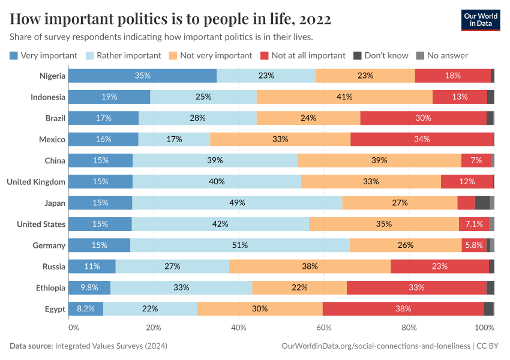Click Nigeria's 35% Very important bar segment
click(x=142, y=76)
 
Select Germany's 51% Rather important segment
click(x=240, y=245)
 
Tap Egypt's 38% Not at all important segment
click(x=403, y=308)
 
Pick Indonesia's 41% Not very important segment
click(x=344, y=97)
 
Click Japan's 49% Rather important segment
click(x=237, y=203)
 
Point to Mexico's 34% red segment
click(x=422, y=139)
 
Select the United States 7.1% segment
click(x=474, y=224)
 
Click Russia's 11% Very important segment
click(x=92, y=266)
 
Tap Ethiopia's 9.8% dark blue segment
click(x=89, y=287)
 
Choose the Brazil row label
click(x=55, y=118)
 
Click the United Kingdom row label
click(x=36, y=181)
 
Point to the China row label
click(x=55, y=160)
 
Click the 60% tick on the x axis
click(x=323, y=328)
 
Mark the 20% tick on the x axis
click(x=154, y=328)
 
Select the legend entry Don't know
click(x=380, y=55)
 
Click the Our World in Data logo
click(x=481, y=20)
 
